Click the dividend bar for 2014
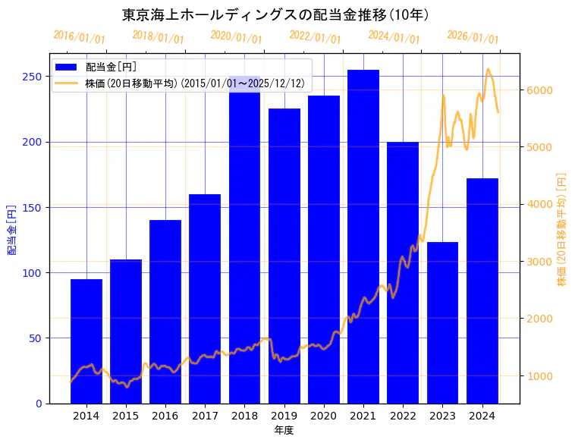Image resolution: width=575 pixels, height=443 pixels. [x=86, y=341]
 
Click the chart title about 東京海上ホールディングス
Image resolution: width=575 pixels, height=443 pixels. [x=275, y=15]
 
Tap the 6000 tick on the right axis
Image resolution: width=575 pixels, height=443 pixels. [x=539, y=90]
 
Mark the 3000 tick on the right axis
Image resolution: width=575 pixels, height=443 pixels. [x=539, y=262]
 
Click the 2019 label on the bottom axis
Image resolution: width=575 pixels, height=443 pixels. [x=284, y=416]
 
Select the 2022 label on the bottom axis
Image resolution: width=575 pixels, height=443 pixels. [x=403, y=416]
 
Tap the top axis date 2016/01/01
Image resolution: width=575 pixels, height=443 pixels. [x=80, y=36]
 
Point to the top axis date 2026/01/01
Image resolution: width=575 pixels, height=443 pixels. [x=473, y=36]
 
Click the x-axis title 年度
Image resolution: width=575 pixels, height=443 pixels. [x=284, y=430]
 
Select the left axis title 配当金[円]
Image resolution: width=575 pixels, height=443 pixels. [x=12, y=229]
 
